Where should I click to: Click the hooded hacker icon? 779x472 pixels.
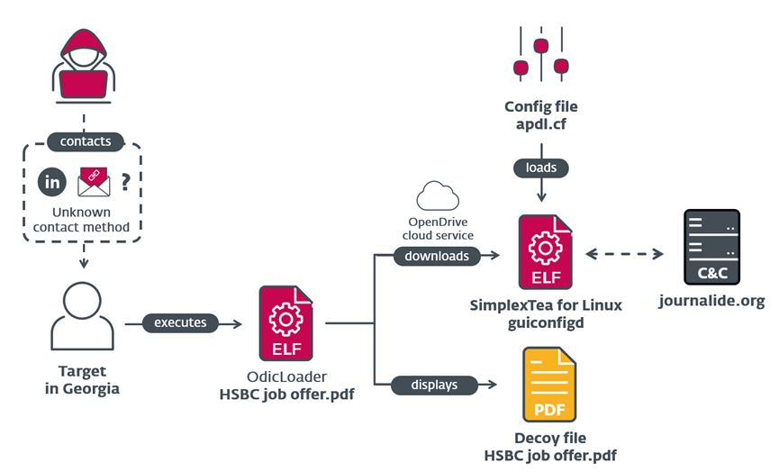click(x=84, y=66)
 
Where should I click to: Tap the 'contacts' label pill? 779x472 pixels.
click(x=86, y=141)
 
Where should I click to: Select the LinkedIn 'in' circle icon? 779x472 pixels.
click(x=52, y=182)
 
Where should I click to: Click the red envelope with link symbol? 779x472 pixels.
click(x=94, y=182)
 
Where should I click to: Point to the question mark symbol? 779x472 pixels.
click(x=126, y=182)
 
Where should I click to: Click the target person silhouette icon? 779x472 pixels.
click(x=83, y=316)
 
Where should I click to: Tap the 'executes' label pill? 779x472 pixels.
click(x=180, y=323)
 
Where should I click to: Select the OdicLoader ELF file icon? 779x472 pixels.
click(x=285, y=323)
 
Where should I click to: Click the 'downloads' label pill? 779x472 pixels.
click(x=437, y=256)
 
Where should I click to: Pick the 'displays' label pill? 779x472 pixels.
click(x=434, y=385)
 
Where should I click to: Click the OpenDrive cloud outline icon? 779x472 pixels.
click(x=438, y=196)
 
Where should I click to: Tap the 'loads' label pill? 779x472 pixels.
click(x=541, y=168)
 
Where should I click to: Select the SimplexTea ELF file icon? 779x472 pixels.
click(x=545, y=252)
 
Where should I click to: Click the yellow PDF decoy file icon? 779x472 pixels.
click(x=549, y=385)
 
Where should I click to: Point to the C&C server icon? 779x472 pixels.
click(x=712, y=247)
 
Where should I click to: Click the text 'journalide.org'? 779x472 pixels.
click(x=712, y=301)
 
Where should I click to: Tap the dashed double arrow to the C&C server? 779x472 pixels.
click(x=624, y=254)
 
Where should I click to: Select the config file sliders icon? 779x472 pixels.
click(x=541, y=54)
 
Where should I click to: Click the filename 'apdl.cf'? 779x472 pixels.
click(x=541, y=124)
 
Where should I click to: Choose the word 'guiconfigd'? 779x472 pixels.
click(x=546, y=323)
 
